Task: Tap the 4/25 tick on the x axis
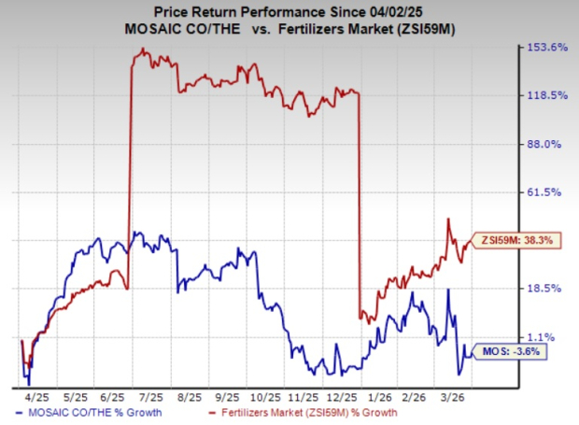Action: pos(44,395)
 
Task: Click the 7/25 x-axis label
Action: pos(146,395)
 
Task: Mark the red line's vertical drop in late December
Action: pos(360,205)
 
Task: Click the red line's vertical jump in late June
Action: pos(129,168)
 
